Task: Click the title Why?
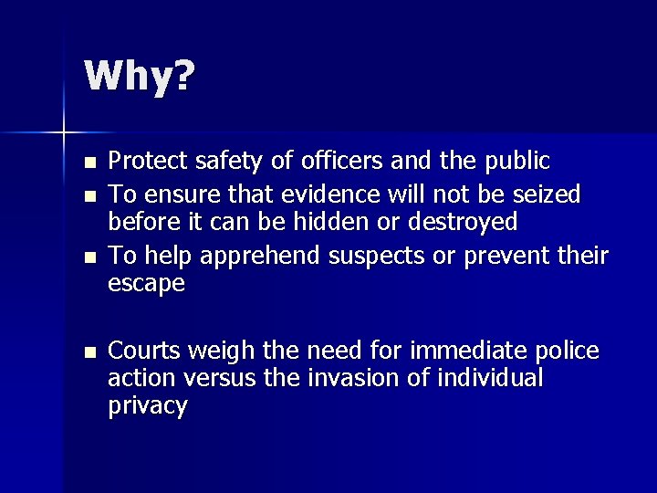(x=139, y=78)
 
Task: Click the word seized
(x=547, y=194)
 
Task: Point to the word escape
(x=147, y=285)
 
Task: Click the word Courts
(x=139, y=351)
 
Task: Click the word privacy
(x=148, y=406)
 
